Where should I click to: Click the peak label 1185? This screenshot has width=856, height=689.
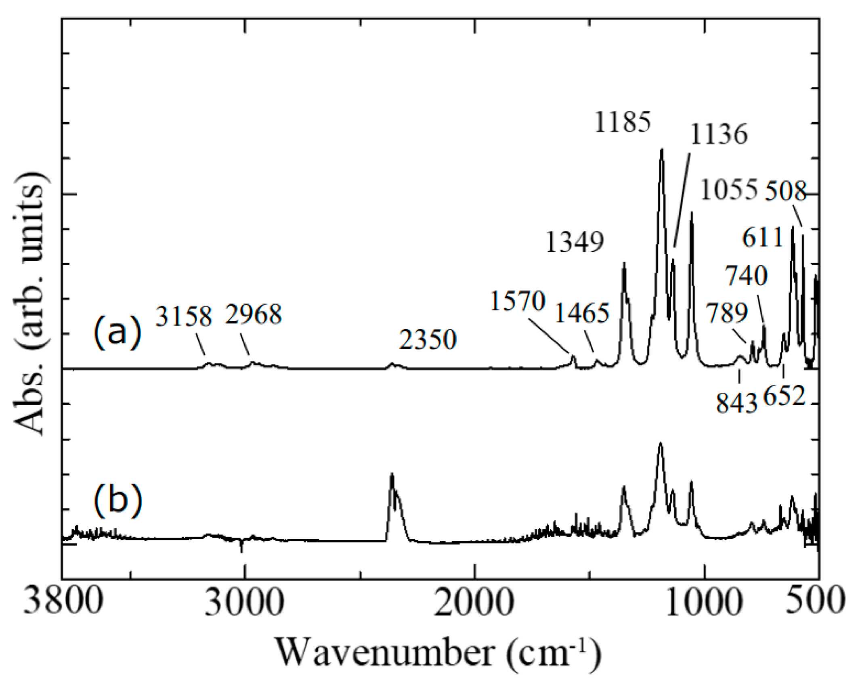623,122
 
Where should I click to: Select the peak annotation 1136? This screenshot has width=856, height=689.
719,134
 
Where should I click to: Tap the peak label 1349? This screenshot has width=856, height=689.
575,242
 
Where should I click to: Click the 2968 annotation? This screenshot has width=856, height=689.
253,314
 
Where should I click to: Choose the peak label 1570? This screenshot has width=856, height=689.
518,301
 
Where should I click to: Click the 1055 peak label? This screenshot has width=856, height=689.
728,190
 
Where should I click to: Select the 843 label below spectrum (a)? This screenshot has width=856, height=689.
736,403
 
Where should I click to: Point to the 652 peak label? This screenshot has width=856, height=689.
784,396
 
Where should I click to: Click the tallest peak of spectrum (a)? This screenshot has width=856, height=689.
661,150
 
